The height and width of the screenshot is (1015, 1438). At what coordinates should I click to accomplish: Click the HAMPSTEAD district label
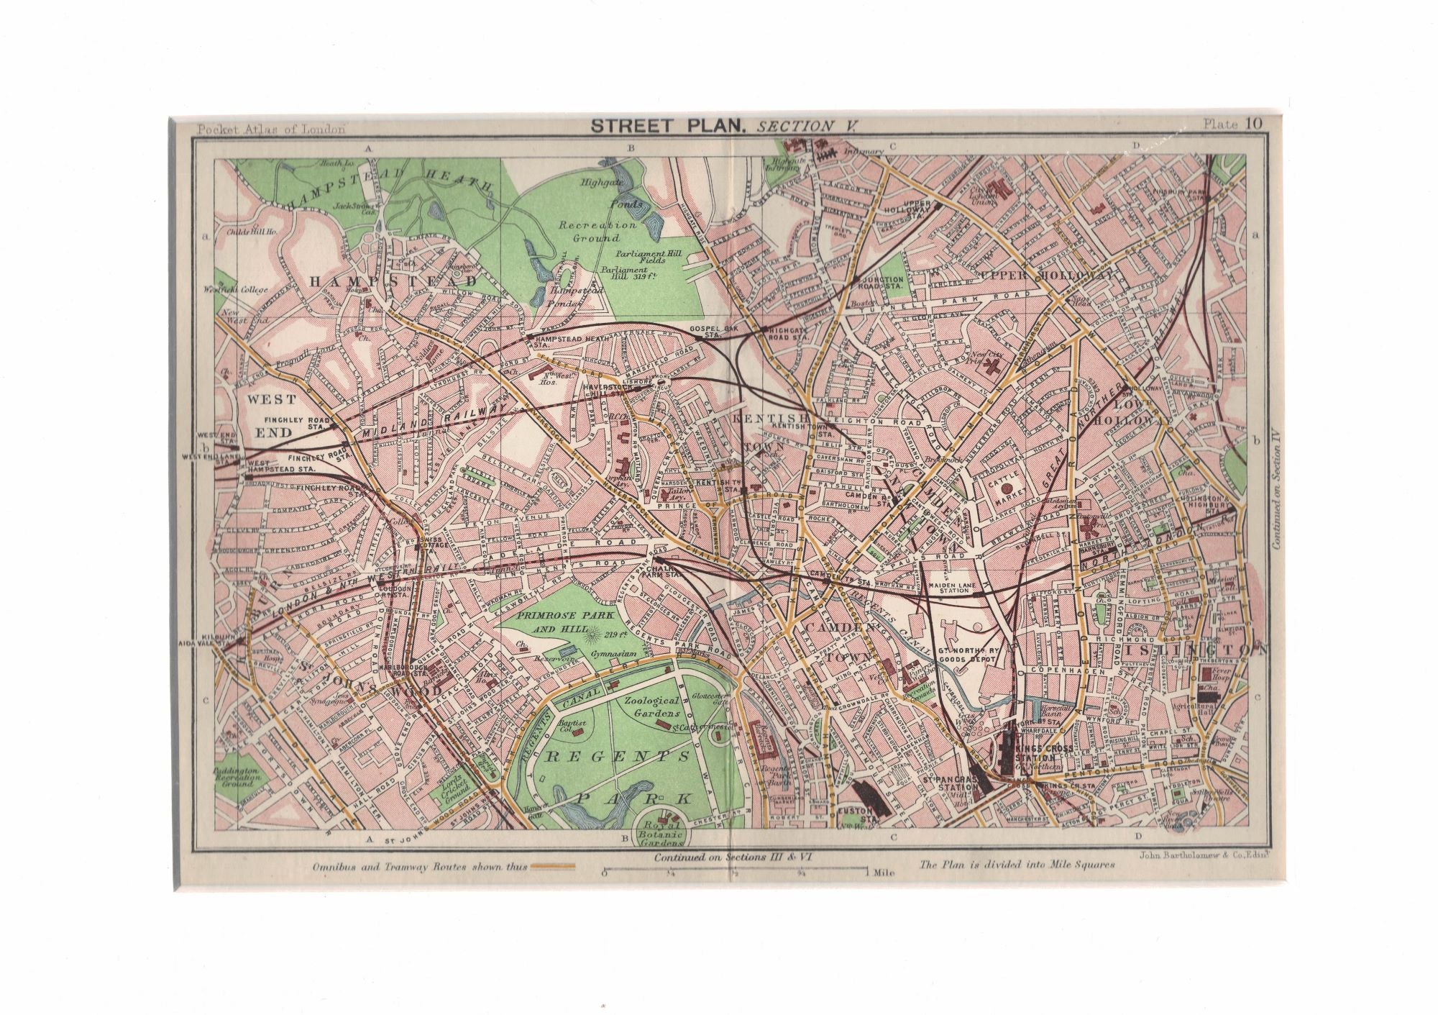point(394,281)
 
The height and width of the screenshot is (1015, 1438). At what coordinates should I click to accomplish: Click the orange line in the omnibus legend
point(551,868)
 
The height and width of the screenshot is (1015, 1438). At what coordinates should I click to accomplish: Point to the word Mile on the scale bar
point(883,874)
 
